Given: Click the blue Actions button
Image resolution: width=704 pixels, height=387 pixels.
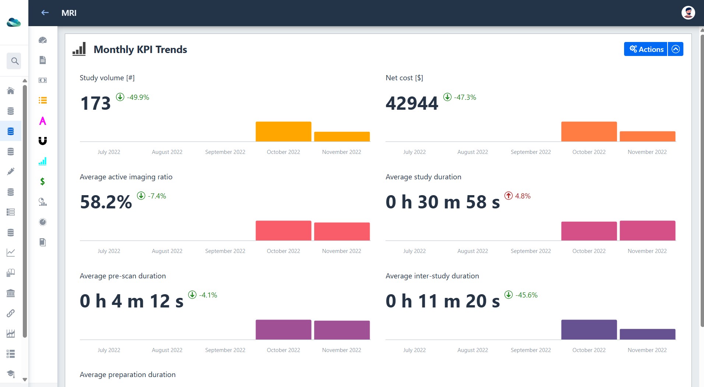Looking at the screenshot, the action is click(645, 49).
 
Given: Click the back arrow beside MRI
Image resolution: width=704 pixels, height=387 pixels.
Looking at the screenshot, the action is click(45, 13).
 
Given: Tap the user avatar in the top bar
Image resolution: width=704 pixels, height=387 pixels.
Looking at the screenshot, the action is click(688, 13).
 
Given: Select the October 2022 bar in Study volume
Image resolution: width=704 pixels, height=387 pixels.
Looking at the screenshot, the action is click(284, 131).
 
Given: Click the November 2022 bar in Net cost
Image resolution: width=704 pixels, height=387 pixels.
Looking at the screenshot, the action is click(647, 136).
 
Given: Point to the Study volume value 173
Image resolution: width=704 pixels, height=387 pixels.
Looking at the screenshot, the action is click(95, 103).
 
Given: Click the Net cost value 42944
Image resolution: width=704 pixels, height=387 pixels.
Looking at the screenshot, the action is click(412, 103).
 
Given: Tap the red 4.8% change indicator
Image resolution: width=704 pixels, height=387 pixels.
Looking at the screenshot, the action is click(517, 196).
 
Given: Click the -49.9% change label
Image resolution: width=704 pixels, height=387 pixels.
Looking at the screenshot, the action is click(133, 97).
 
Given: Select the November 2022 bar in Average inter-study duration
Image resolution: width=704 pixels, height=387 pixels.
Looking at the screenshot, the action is click(647, 334).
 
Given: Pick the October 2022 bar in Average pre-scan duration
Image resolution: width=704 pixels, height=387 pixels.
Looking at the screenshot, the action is click(284, 330).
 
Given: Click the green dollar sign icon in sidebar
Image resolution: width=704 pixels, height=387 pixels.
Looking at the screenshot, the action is click(43, 182).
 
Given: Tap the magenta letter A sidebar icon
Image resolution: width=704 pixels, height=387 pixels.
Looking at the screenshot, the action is click(43, 121).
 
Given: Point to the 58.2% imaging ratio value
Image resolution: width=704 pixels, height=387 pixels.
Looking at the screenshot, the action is click(106, 202).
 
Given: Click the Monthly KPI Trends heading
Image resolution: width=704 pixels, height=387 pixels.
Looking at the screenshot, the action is click(140, 49).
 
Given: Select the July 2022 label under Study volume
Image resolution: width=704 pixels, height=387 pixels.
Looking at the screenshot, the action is click(109, 152).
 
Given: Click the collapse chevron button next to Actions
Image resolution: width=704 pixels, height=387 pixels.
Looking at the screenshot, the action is click(676, 49).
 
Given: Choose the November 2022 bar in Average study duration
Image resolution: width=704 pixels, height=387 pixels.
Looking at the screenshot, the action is click(647, 231).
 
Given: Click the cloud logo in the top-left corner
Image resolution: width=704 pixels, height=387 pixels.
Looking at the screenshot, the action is click(14, 22).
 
